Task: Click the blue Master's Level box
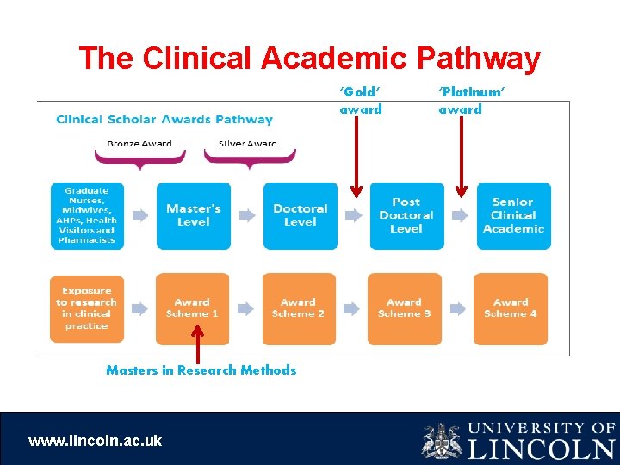(x=193, y=215)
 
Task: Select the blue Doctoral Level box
(x=300, y=215)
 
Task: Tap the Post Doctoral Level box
(x=406, y=215)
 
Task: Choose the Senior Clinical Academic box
(x=513, y=215)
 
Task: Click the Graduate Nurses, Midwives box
(x=87, y=215)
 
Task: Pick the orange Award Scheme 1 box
(x=192, y=308)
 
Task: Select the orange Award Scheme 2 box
(x=298, y=308)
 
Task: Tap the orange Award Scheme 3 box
(x=404, y=308)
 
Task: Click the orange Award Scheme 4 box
(x=511, y=308)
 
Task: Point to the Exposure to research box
(x=86, y=308)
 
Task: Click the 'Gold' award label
(x=361, y=100)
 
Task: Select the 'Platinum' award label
(x=471, y=100)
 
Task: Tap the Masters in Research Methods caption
(x=201, y=370)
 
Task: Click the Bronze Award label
(x=139, y=144)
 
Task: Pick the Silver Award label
(x=248, y=144)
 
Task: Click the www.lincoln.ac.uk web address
(x=95, y=441)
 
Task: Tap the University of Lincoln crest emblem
(x=441, y=440)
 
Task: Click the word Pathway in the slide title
(x=478, y=59)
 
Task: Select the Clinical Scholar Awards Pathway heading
(x=164, y=120)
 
